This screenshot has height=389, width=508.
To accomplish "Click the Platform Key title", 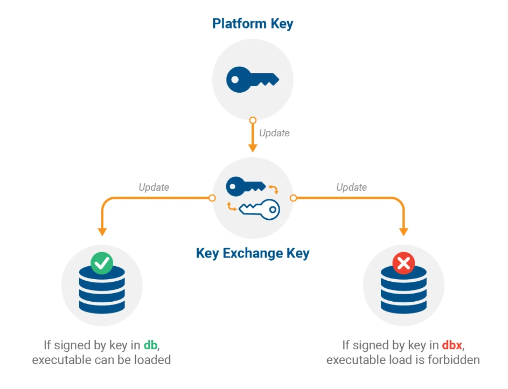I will [x=253, y=24].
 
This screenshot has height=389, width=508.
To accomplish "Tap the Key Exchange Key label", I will [x=253, y=253].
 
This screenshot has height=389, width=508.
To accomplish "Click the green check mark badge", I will [x=101, y=263].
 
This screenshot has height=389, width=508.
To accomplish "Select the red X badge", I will [x=402, y=263].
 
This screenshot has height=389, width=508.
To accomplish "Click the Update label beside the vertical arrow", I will [x=274, y=133].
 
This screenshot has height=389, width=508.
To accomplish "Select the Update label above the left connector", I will [x=154, y=187].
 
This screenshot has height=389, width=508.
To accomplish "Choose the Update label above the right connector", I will [x=351, y=187].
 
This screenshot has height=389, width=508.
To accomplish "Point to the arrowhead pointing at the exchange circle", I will [x=252, y=148].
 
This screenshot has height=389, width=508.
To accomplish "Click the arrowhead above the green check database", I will [x=101, y=231].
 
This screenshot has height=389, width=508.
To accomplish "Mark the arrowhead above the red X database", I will [x=403, y=231].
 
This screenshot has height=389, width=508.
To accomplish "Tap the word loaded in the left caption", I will [x=152, y=360].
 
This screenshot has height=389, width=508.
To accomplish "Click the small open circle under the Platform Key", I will [x=252, y=120].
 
